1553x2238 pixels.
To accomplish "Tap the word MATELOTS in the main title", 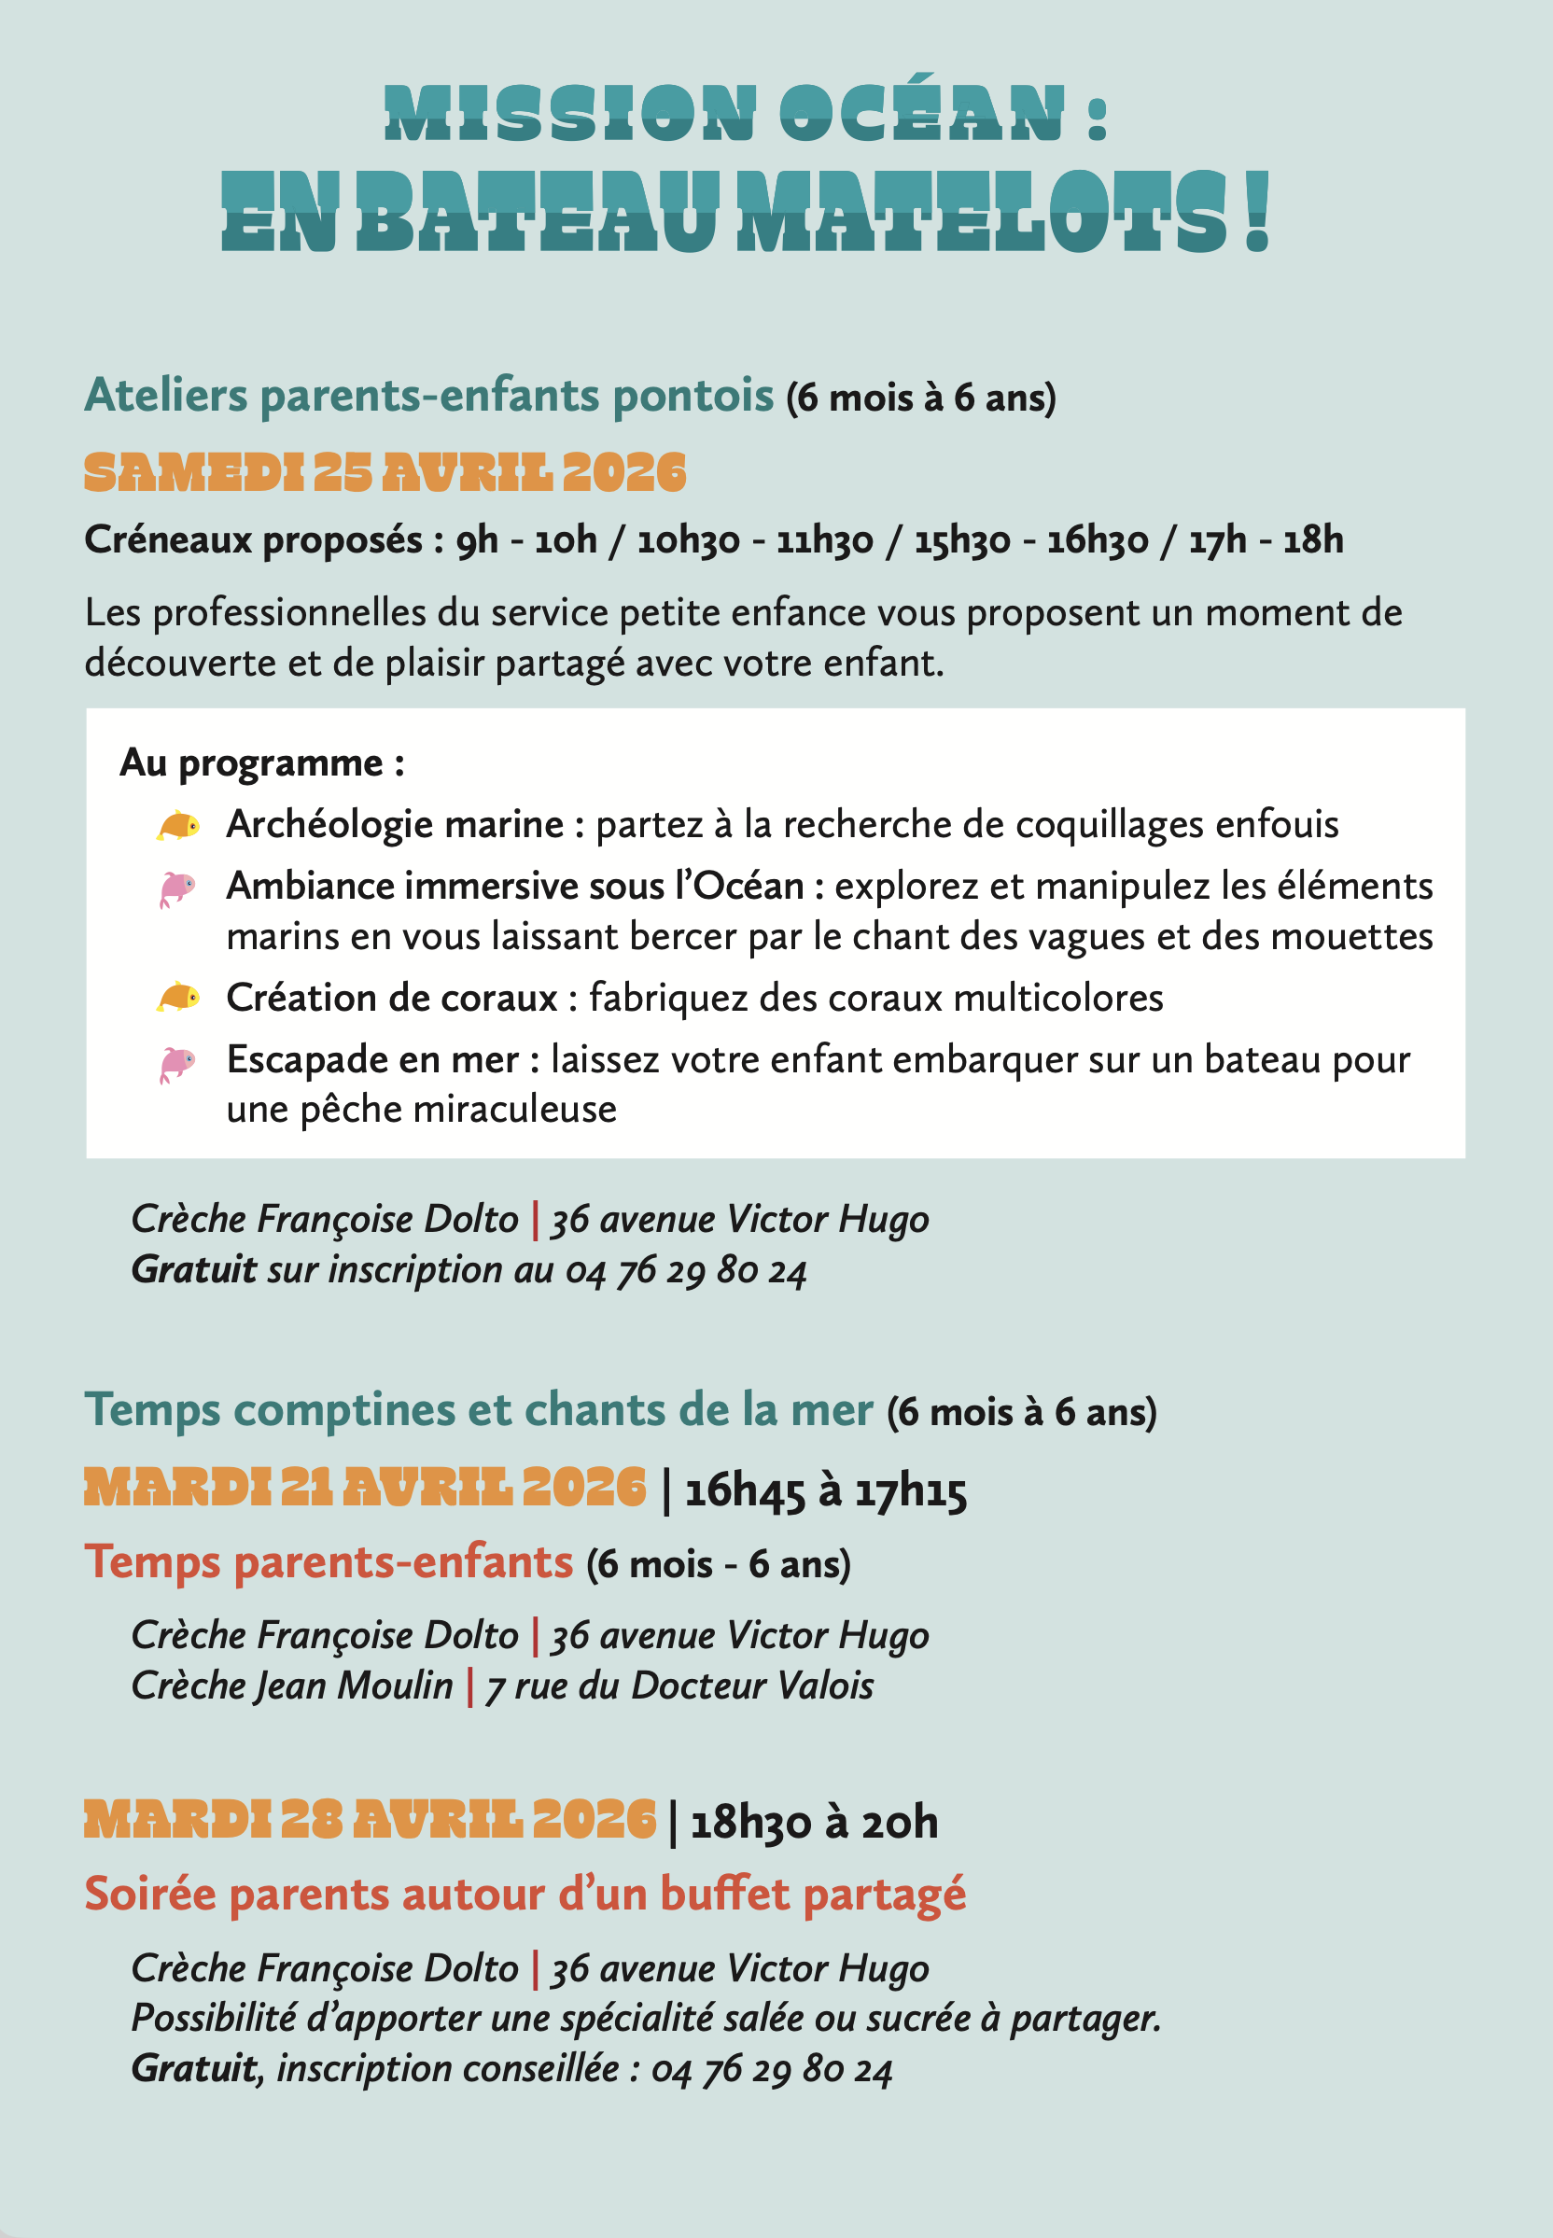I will click(x=984, y=213).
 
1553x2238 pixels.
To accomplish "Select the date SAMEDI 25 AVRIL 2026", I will click(x=385, y=473).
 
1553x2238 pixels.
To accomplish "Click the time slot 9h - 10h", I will click(x=526, y=540).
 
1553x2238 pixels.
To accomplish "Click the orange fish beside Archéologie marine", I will click(x=179, y=826).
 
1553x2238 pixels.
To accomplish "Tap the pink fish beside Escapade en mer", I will click(x=177, y=1064).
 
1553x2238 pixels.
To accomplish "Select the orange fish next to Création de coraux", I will click(x=179, y=998).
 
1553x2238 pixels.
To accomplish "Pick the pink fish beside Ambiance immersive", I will click(x=177, y=888).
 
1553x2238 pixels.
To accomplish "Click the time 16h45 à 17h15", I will click(x=825, y=1490).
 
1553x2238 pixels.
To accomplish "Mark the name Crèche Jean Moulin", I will click(x=292, y=1685).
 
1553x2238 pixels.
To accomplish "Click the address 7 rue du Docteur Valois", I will click(x=679, y=1685).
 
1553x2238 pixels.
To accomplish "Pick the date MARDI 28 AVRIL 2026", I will click(x=370, y=1821).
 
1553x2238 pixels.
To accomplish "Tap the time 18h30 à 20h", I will click(x=814, y=1823).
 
